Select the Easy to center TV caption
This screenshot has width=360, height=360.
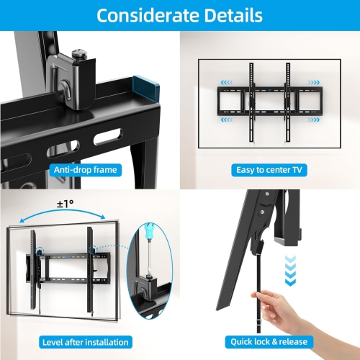pos(269,170)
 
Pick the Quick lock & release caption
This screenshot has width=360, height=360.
pos(269,342)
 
